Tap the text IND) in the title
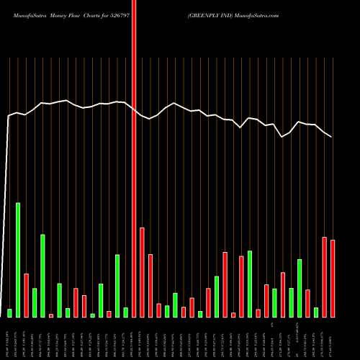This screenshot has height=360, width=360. (230, 14)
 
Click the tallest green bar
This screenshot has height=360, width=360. (18, 259)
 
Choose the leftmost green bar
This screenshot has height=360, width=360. (9, 312)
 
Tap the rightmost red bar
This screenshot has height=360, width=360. (333, 278)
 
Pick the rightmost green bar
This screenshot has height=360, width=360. (316, 312)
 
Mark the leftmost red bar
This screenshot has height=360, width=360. (26, 295)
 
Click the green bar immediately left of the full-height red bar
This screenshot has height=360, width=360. (125, 312)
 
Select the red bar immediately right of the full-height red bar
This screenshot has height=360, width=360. (142, 272)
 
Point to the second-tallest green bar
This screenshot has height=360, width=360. (42, 275)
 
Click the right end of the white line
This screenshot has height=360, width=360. (332, 137)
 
